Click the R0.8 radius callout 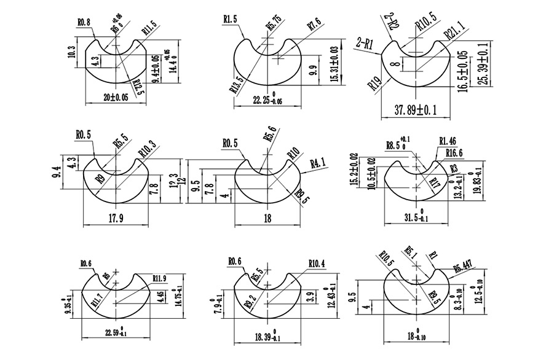[x=84, y=23]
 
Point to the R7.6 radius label [x=314, y=26]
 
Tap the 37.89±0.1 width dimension [x=416, y=110]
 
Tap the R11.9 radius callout [x=159, y=278]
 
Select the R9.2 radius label [x=249, y=303]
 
